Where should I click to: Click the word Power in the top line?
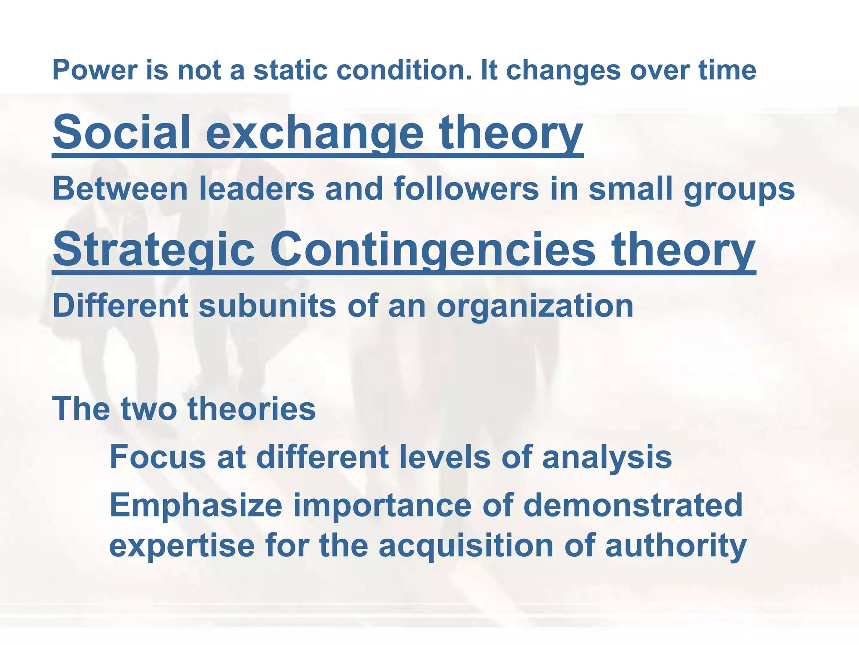point(95,70)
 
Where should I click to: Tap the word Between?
point(120,189)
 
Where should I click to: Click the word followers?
point(466,189)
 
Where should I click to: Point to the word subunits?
point(267,306)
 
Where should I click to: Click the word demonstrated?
point(633,505)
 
